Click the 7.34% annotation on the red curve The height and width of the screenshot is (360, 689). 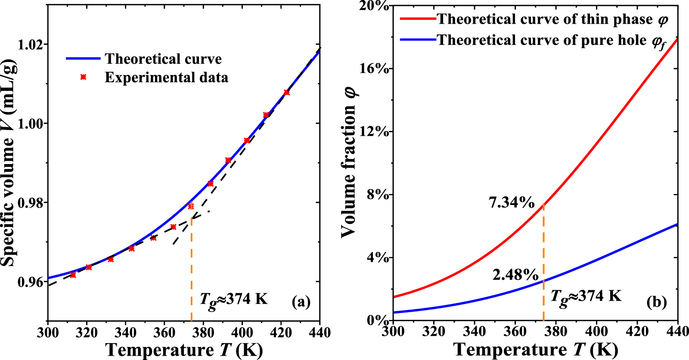[x=512, y=202]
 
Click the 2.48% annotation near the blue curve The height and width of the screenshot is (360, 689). [x=515, y=274]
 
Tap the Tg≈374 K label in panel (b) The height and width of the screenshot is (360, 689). [x=586, y=297]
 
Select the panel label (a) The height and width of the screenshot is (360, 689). [x=301, y=301]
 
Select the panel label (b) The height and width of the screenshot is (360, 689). [x=656, y=302]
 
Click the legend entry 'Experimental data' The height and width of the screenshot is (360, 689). [x=166, y=78]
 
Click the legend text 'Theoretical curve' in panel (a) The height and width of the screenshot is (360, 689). [x=163, y=59]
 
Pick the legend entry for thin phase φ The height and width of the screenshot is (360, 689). [x=552, y=19]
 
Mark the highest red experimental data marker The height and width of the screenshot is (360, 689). [x=287, y=93]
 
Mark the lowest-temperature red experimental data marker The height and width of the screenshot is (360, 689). [x=73, y=275]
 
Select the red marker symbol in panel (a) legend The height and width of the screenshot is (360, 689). [x=84, y=77]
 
